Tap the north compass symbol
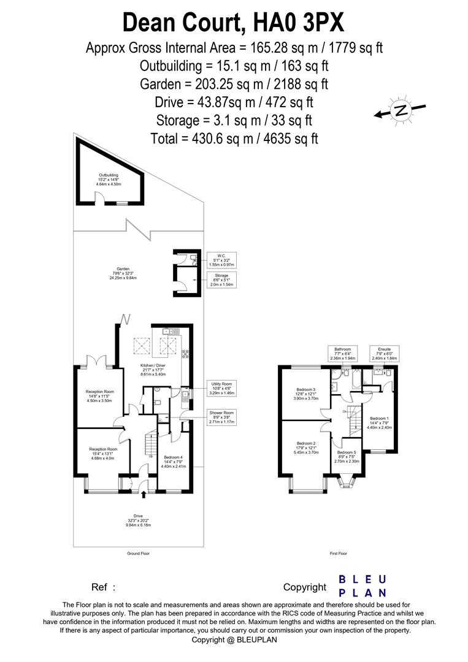(401, 111)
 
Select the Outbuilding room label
(108, 180)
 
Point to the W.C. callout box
(220, 259)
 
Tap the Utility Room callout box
(220, 387)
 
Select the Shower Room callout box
(220, 417)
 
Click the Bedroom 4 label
(173, 461)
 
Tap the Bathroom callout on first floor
(343, 353)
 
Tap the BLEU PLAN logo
(363, 585)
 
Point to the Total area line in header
(234, 138)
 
